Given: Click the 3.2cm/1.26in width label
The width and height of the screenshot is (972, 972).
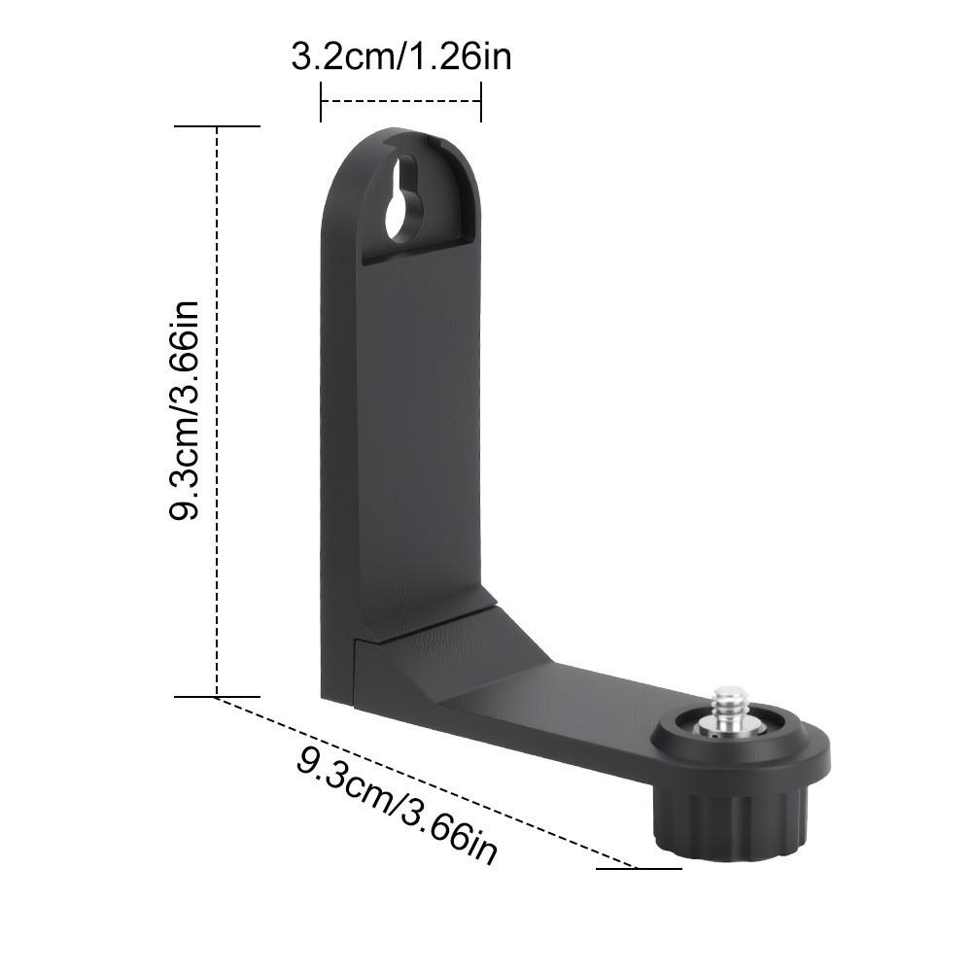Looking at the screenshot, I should coord(400,56).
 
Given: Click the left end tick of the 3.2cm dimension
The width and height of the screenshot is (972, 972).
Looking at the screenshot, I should coord(321,102).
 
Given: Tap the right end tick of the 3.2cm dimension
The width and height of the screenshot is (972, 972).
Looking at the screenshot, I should coord(480,102).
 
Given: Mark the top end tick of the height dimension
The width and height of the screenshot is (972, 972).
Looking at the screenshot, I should coord(217,126).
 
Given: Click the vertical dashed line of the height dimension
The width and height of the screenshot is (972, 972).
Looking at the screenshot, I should coord(217,408).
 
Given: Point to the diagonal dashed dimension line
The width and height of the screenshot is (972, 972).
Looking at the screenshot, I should coord(428,782).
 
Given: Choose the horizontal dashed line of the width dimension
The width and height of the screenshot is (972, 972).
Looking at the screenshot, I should coord(400,100).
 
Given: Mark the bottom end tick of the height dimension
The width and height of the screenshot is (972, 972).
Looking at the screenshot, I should coord(217,696).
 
